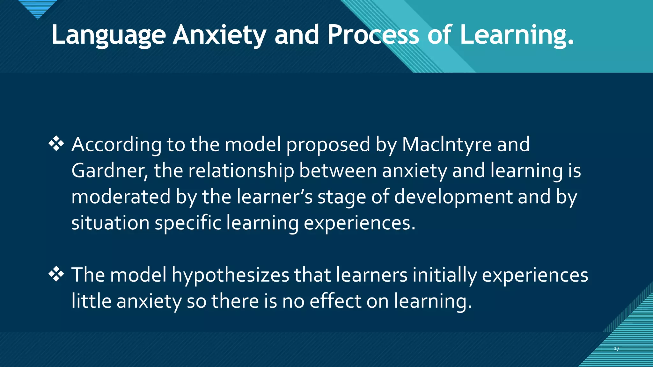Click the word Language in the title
click(x=108, y=35)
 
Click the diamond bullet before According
click(x=56, y=144)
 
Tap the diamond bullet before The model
click(x=56, y=274)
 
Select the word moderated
click(x=121, y=197)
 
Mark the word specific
click(x=188, y=223)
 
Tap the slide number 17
click(x=616, y=349)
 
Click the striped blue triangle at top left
click(x=38, y=8)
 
